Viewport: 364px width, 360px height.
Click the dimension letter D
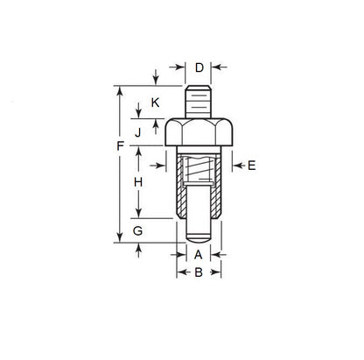(199, 67)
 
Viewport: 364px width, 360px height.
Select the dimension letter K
(155, 102)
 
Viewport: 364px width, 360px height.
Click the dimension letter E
(252, 165)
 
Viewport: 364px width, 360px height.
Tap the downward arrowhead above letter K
(155, 81)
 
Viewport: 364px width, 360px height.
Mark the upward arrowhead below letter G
(138, 250)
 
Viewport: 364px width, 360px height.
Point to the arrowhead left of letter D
(181, 67)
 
